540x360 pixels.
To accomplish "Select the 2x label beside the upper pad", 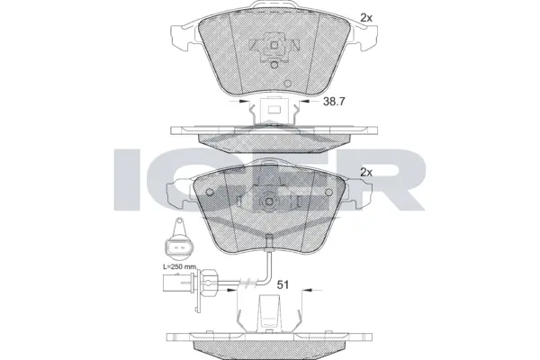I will (366, 17).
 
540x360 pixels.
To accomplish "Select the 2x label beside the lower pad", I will (366, 172).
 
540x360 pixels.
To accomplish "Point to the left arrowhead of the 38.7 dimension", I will (246, 102).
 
